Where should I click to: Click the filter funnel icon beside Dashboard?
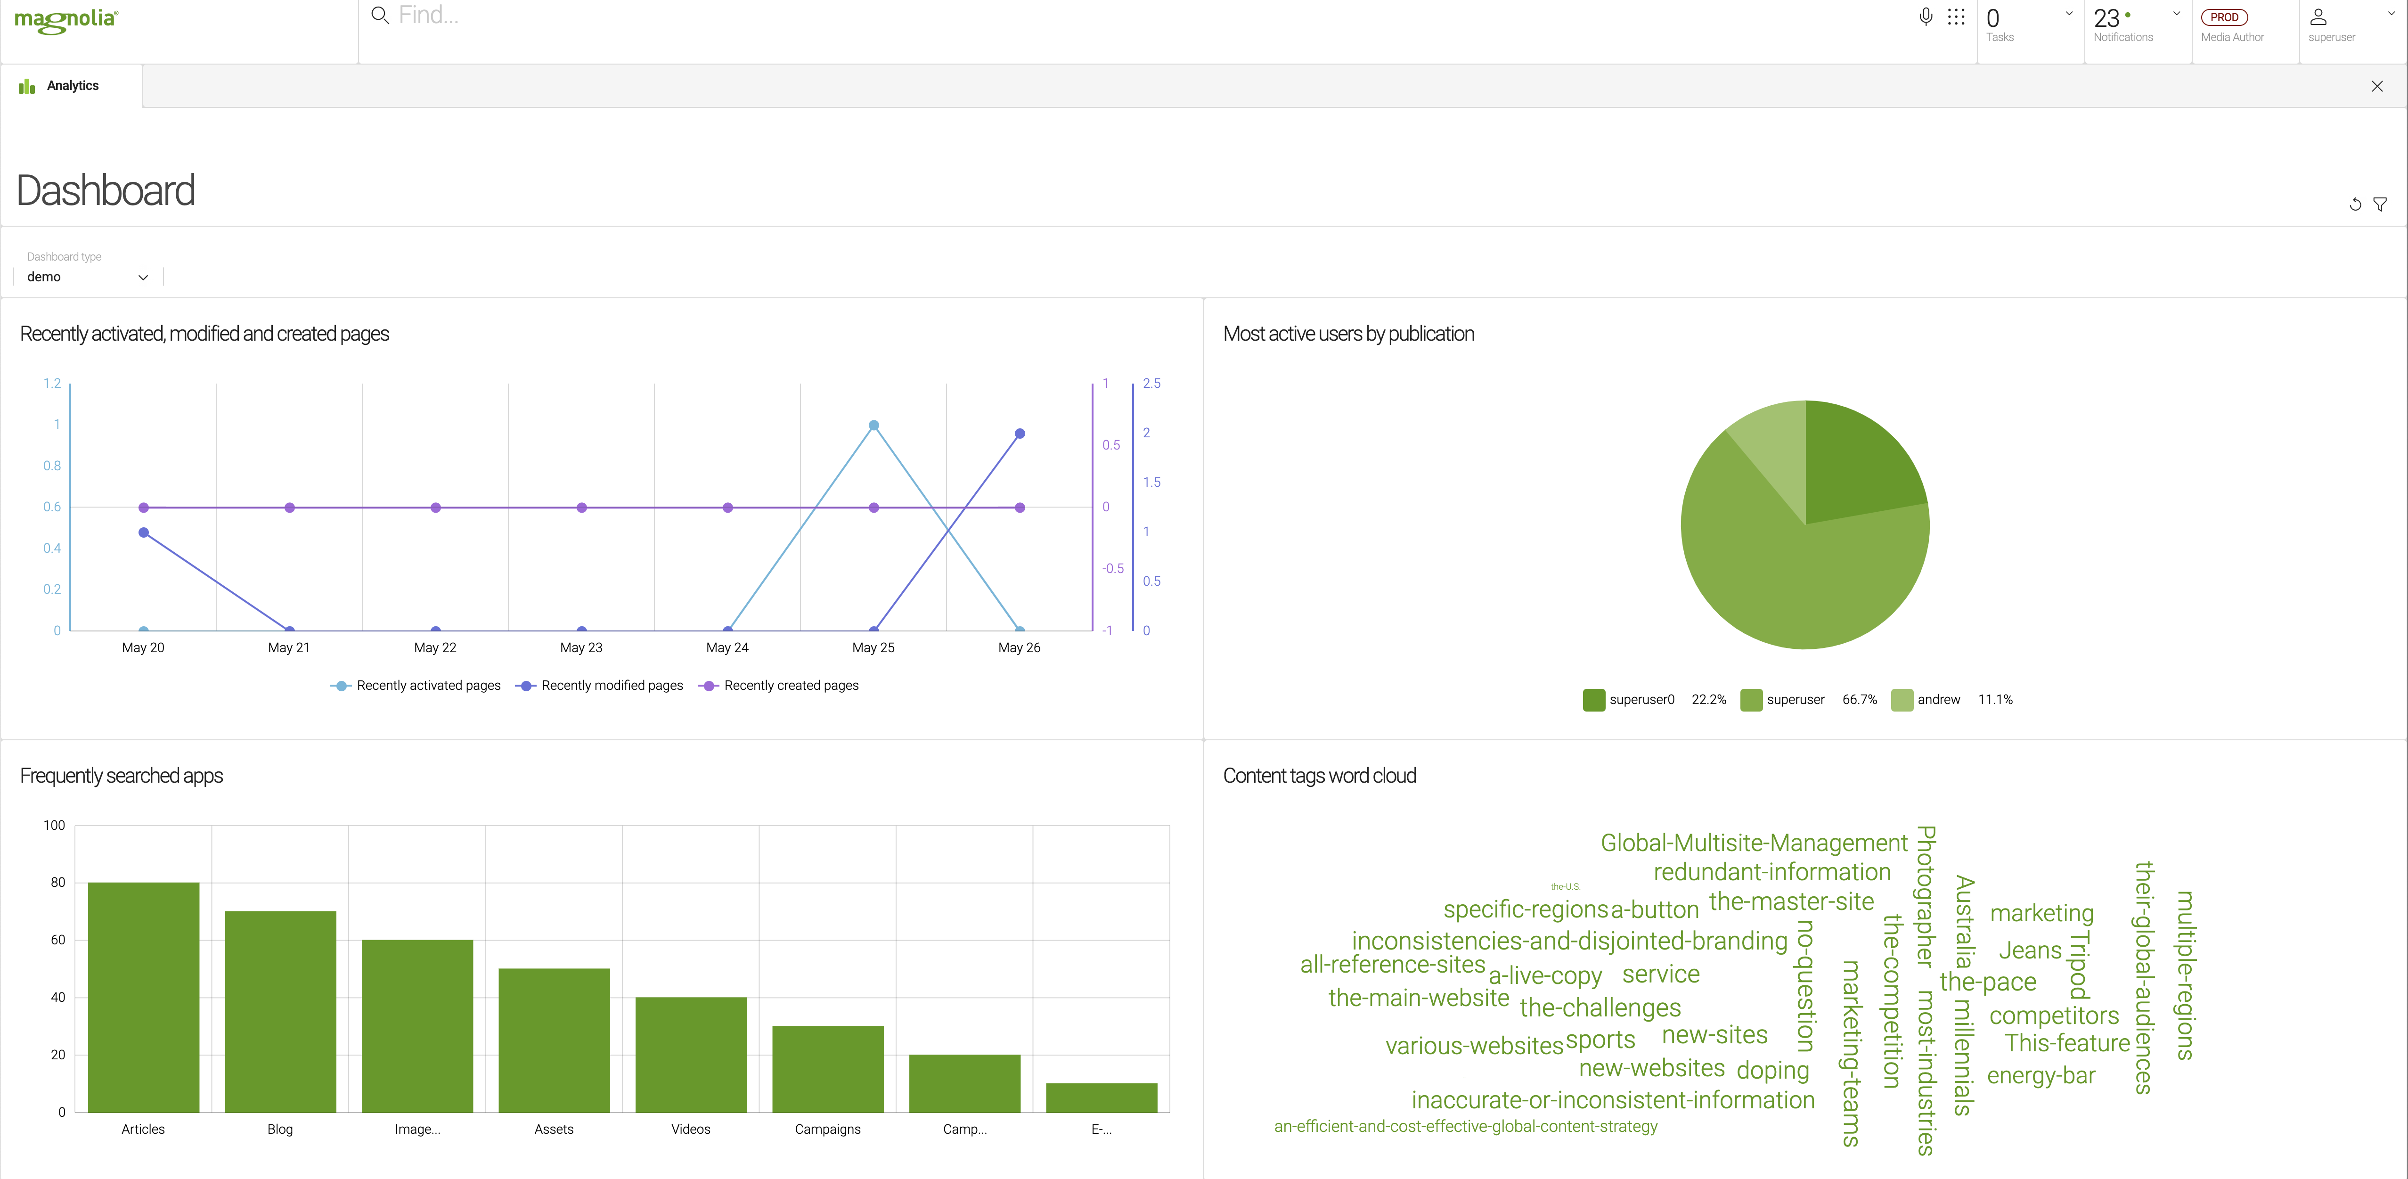2380,204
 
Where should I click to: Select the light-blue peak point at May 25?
873,426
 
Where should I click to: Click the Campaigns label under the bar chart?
827,1130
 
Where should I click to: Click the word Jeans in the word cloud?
2029,951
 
